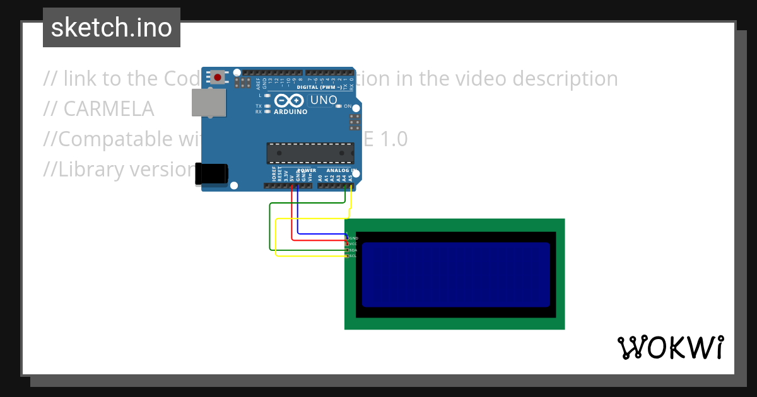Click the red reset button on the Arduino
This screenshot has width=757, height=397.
coord(218,78)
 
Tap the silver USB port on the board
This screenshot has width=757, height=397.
coord(208,102)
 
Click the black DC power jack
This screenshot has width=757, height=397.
coord(211,175)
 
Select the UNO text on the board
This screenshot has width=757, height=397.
coord(324,100)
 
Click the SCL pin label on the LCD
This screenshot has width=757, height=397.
coord(353,256)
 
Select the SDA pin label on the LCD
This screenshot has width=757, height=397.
coord(353,250)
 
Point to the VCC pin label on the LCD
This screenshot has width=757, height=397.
coord(353,244)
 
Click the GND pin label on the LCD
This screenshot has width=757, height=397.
coord(353,238)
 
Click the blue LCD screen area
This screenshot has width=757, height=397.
coord(455,274)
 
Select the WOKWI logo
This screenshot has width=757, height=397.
coord(670,348)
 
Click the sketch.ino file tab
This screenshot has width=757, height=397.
coord(112,28)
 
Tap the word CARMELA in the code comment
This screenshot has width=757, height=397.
coord(109,108)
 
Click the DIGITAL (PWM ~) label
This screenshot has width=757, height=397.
coord(323,87)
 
